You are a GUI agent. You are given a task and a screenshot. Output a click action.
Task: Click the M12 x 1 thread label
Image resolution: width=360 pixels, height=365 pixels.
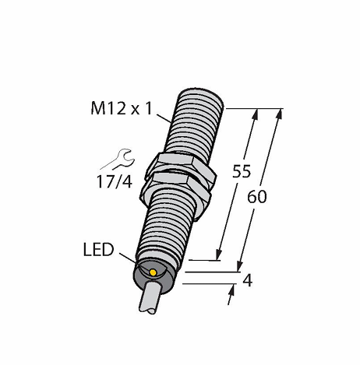122,108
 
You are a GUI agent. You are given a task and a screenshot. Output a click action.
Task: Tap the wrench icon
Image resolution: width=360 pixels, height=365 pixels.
118,160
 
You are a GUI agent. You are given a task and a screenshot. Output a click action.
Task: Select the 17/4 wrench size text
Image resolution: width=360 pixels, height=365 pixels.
115,181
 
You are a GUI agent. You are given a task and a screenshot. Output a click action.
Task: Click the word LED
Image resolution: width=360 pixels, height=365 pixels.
98,250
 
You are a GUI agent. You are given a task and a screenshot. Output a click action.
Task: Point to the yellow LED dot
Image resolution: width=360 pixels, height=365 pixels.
153,272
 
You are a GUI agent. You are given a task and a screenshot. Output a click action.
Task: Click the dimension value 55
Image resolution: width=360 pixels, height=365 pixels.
242,171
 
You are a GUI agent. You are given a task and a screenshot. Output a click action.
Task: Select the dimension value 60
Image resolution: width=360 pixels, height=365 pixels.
257,197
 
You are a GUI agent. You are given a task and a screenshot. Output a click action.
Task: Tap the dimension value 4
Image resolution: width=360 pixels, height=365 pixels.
248,280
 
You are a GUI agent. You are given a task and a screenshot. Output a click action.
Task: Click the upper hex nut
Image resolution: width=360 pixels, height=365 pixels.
182,166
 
